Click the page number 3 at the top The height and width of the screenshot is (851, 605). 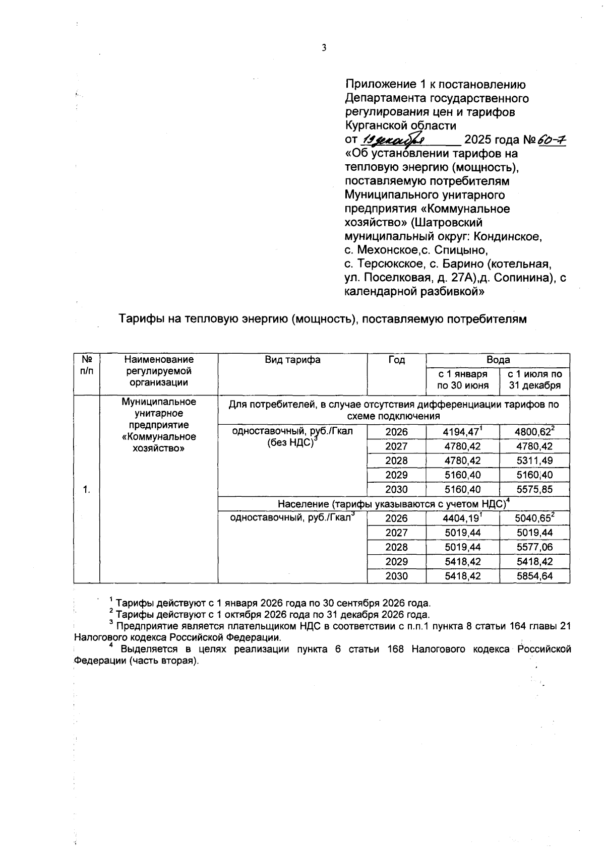[324, 48]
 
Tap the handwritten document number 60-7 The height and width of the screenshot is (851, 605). [552, 140]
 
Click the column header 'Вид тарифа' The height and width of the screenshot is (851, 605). [292, 360]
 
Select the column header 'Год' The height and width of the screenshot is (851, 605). [396, 360]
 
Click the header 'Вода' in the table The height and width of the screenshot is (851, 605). [498, 360]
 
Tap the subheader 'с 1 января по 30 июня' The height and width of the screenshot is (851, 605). [462, 380]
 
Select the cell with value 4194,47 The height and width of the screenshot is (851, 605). [461, 432]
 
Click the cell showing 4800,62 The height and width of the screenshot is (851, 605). [533, 432]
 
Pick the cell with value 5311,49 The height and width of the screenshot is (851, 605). [534, 461]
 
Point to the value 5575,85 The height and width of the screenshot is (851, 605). [534, 489]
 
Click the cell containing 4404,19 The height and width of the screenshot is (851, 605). [461, 518]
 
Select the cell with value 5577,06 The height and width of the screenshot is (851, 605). [534, 547]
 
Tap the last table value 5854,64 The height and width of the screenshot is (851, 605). [534, 576]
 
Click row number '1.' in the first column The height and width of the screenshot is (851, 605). [87, 489]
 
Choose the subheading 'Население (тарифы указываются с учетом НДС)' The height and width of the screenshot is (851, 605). [393, 504]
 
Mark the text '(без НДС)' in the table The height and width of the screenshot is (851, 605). [287, 444]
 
